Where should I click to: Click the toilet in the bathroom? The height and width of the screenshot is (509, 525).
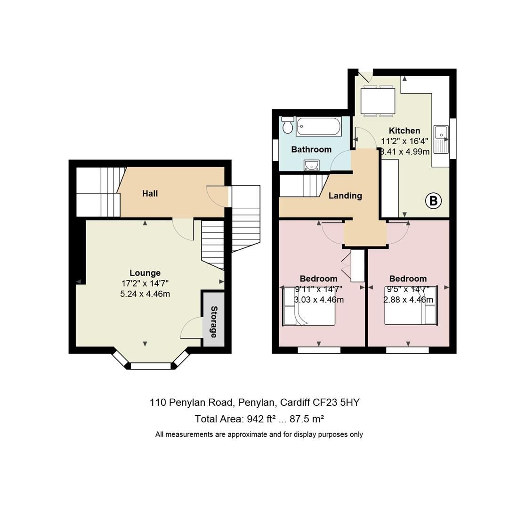[x=287, y=125]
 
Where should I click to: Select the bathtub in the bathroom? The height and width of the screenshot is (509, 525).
[x=319, y=126]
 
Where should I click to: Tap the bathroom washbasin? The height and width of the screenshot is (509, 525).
[x=311, y=165]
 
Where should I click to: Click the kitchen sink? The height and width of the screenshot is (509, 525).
[x=441, y=139]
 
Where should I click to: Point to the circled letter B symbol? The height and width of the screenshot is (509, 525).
[x=433, y=201]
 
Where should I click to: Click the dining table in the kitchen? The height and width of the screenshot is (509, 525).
[x=378, y=101]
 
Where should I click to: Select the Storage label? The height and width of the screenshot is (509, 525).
[x=213, y=322]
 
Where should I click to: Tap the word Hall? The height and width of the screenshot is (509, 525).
[x=150, y=194]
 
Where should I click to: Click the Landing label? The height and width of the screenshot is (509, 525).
[x=345, y=196]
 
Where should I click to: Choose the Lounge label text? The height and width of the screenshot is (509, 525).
[x=145, y=273]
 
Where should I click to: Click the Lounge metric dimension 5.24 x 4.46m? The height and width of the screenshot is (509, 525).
[x=145, y=294]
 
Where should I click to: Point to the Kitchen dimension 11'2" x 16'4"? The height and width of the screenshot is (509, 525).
[x=404, y=141]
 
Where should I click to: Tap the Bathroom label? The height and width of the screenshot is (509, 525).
[x=311, y=149]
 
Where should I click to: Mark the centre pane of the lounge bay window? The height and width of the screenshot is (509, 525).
[x=151, y=366]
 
